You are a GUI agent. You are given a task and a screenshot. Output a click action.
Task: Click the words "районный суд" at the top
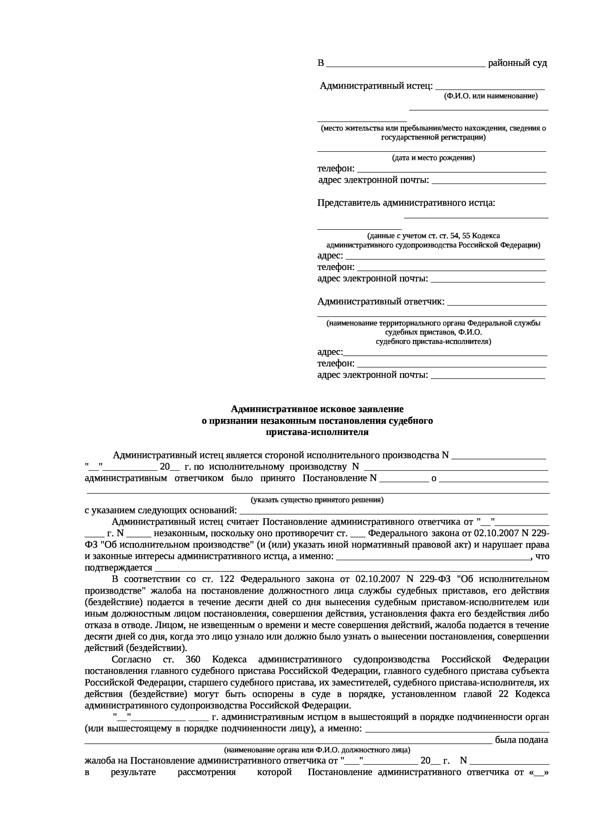click(517, 63)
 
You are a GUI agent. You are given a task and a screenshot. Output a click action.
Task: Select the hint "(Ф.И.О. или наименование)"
click(491, 96)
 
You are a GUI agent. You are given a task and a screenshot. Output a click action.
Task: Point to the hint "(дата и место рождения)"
click(433, 158)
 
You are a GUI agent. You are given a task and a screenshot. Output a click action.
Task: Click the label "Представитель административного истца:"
click(406, 203)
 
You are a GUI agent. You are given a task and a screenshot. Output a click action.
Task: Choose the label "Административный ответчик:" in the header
click(381, 301)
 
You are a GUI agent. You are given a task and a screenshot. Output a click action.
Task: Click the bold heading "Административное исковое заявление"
click(317, 409)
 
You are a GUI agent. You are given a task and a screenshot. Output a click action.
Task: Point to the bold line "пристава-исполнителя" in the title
click(317, 432)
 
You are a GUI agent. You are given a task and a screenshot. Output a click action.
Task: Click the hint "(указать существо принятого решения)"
click(317, 500)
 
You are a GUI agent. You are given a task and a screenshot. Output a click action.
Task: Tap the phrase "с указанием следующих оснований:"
click(161, 510)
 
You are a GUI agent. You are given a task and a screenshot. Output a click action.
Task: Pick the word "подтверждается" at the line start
click(118, 568)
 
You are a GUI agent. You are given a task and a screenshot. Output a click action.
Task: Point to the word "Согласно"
click(131, 660)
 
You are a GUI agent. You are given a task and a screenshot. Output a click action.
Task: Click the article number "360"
click(193, 660)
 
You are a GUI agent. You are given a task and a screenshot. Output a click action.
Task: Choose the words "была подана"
click(521, 740)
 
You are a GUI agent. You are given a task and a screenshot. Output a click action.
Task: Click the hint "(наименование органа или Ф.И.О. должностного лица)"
click(317, 750)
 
